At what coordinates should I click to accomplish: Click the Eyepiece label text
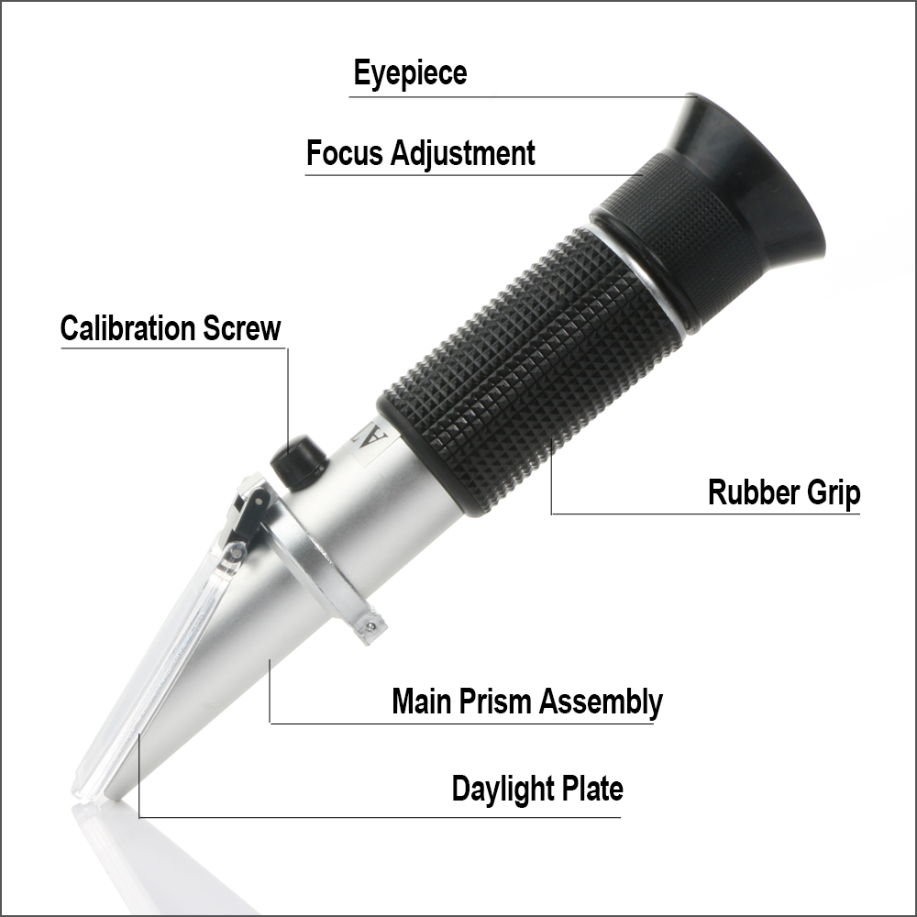pyautogui.click(x=410, y=74)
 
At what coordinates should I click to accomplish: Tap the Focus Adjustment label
pyautogui.click(x=420, y=153)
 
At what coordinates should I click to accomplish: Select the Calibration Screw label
pyautogui.click(x=171, y=328)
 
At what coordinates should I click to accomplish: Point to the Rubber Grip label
pyautogui.click(x=784, y=493)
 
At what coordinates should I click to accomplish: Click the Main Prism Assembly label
pyautogui.click(x=526, y=702)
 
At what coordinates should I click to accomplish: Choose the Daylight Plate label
pyautogui.click(x=537, y=789)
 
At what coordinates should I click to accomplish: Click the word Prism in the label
pyautogui.click(x=498, y=702)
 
